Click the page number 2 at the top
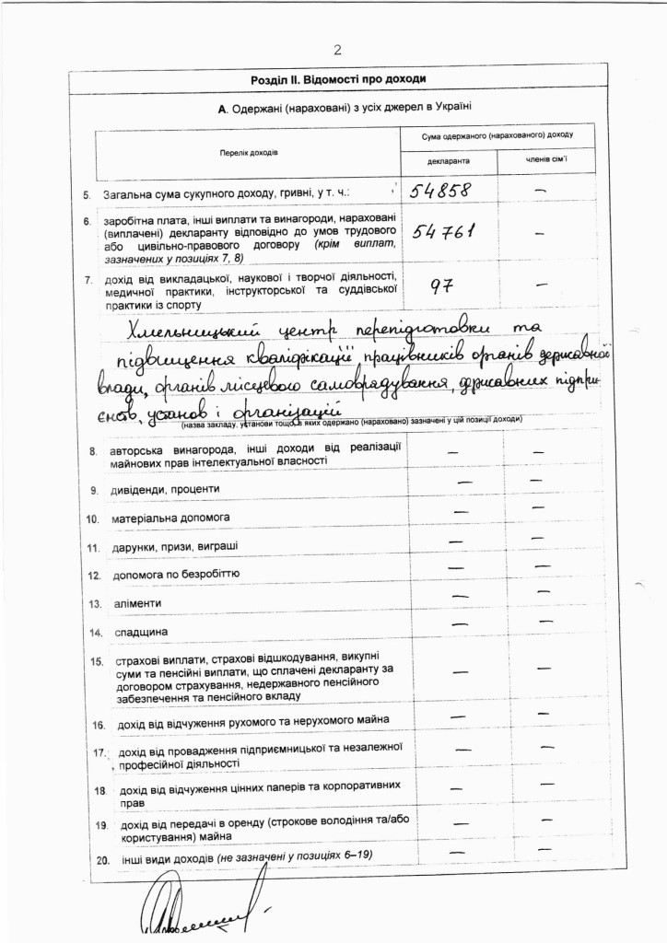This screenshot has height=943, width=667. (x=337, y=49)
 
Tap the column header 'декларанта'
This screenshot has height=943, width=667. (x=449, y=161)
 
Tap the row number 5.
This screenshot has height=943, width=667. (x=87, y=195)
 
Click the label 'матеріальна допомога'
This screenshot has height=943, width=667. (x=170, y=518)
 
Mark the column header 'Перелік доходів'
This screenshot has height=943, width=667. (x=249, y=151)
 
